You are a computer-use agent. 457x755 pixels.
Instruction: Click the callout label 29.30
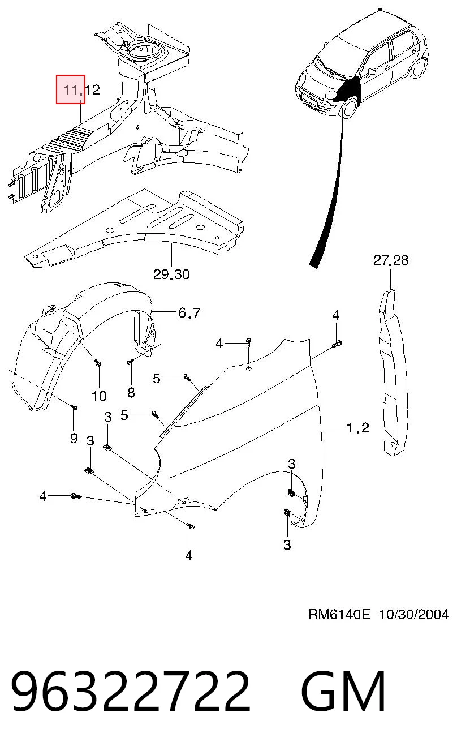(x=171, y=274)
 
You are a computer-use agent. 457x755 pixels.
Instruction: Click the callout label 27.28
(x=391, y=260)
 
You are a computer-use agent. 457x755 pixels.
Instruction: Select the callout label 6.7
(x=189, y=313)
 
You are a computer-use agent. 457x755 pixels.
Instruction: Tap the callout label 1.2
(x=357, y=428)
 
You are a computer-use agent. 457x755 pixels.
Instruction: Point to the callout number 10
(x=99, y=396)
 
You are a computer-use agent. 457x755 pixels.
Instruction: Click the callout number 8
(x=131, y=392)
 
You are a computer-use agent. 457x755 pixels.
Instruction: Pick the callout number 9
(x=74, y=438)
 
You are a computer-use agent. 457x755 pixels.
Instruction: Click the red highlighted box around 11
(x=70, y=89)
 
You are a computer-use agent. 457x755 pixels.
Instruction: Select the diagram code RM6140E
(x=339, y=614)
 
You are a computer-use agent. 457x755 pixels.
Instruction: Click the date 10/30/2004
(x=413, y=614)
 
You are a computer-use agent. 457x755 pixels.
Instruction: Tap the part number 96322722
(x=131, y=690)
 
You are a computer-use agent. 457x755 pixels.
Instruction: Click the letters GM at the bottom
(x=343, y=690)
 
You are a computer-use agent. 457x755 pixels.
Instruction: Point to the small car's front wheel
(x=349, y=106)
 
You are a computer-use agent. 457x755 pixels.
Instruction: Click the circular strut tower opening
(x=144, y=52)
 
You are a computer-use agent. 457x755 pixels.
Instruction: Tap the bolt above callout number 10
(x=98, y=364)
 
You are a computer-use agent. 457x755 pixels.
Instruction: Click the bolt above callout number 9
(x=75, y=407)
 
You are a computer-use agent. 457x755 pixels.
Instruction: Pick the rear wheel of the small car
(x=419, y=67)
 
